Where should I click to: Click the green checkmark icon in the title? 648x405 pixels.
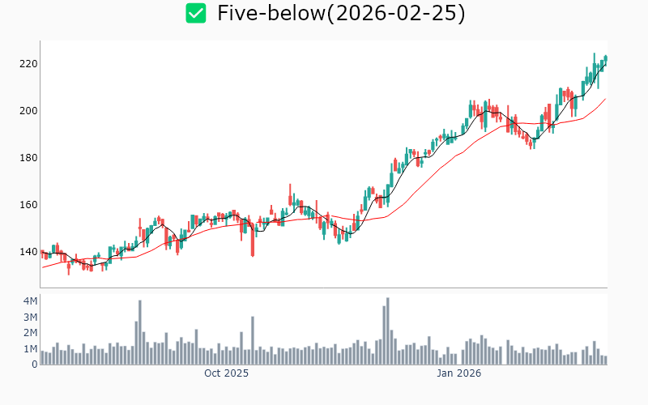[195, 13]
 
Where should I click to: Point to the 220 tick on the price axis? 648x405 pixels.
[29, 64]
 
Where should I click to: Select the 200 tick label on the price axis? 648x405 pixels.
[29, 111]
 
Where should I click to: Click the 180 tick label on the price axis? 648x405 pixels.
[29, 158]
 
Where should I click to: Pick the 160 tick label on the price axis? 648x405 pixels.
[29, 205]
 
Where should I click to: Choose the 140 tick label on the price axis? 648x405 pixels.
[29, 252]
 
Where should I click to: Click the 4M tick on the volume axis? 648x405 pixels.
[29, 301]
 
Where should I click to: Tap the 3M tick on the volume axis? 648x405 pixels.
[29, 317]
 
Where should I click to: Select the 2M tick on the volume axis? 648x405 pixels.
[29, 333]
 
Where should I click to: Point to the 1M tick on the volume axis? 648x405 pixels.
[29, 348]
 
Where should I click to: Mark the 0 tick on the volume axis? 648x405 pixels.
[34, 364]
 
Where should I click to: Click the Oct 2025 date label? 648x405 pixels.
[226, 373]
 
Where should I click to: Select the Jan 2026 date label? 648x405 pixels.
[459, 373]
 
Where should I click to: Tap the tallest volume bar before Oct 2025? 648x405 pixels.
[140, 333]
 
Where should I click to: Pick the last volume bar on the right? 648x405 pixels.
[605, 360]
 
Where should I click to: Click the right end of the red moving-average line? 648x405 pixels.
[605, 99]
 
